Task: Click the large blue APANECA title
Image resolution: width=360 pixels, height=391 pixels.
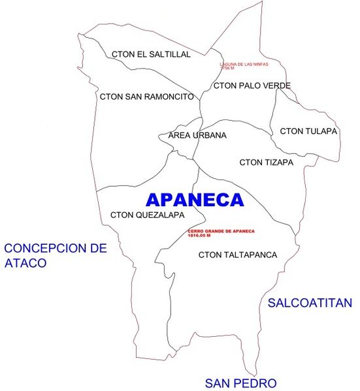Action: (195, 199)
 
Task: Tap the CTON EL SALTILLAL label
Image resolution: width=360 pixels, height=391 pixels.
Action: (151, 54)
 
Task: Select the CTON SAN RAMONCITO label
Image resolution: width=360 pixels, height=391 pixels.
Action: (147, 97)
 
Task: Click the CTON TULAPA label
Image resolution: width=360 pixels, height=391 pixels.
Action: (308, 131)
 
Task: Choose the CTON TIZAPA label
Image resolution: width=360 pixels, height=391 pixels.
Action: (267, 162)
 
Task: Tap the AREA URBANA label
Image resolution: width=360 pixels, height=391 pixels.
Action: (197, 136)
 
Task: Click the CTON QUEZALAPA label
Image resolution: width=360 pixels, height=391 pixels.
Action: (147, 215)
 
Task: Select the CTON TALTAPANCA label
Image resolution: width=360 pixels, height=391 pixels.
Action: (238, 255)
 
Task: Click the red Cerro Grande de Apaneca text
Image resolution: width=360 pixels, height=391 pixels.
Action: (220, 232)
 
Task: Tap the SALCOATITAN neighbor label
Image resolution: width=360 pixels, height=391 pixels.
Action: (310, 303)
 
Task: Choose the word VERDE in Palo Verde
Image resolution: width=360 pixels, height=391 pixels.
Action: (276, 86)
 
